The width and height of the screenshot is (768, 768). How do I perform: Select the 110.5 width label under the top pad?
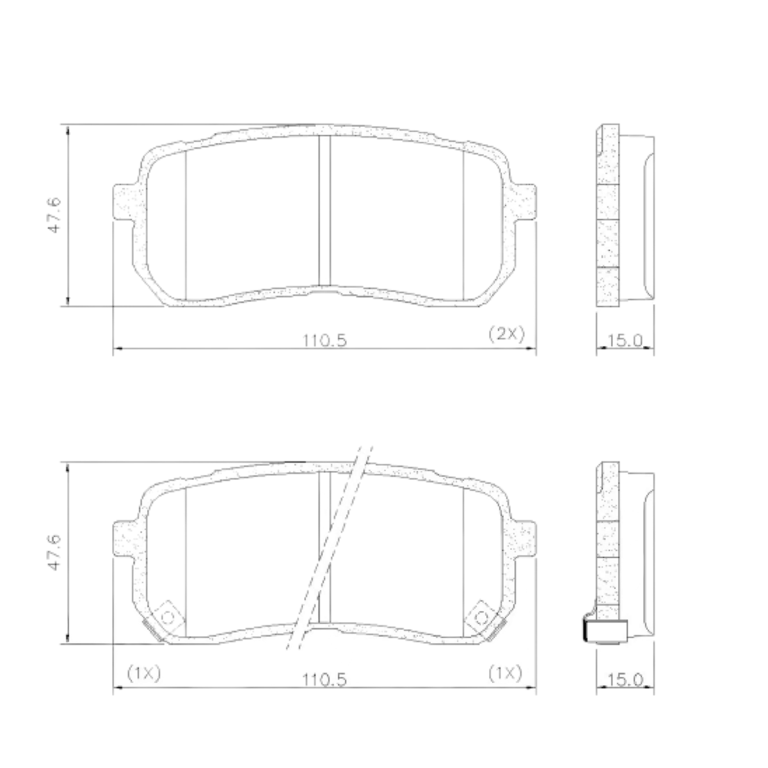point(324,340)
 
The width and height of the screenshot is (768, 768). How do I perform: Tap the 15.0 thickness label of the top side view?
point(625,340)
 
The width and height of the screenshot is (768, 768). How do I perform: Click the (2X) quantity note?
point(506,333)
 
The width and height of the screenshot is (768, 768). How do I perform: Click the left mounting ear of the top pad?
point(124,202)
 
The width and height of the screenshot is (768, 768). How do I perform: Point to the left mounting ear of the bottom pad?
point(124,540)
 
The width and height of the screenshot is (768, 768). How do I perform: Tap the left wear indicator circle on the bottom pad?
point(168,617)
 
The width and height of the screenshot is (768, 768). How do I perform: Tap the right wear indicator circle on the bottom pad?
point(481,617)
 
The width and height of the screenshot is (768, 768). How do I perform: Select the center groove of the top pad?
point(324,211)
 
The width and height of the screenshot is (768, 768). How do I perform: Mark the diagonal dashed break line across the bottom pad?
point(330,550)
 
